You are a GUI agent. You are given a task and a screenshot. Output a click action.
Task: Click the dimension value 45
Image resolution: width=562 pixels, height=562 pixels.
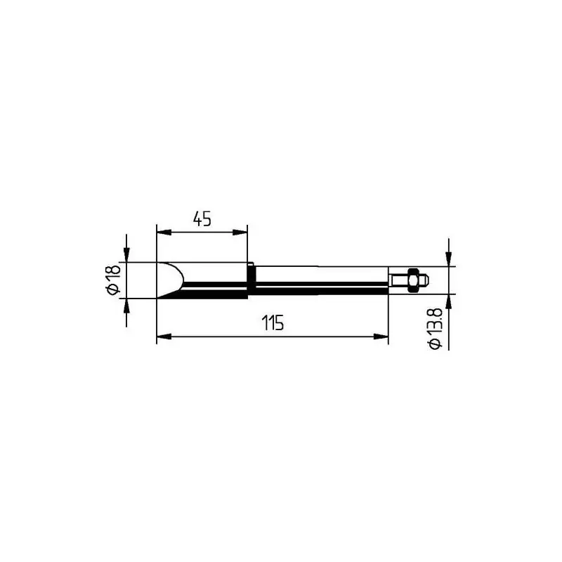pyautogui.click(x=202, y=218)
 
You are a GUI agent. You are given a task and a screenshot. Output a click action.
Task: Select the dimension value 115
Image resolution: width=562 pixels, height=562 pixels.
pyautogui.click(x=273, y=323)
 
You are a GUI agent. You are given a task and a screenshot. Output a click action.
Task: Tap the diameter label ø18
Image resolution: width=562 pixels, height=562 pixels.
pyautogui.click(x=114, y=280)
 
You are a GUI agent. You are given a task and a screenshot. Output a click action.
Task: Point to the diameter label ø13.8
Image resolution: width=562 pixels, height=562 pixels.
pyautogui.click(x=435, y=328)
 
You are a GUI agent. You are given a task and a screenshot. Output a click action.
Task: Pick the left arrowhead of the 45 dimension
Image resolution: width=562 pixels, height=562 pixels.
pyautogui.click(x=164, y=233)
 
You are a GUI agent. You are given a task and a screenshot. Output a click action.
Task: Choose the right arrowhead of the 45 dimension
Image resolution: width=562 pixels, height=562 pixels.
pyautogui.click(x=240, y=233)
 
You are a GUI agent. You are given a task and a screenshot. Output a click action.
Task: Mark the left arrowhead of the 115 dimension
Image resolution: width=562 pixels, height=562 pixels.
pyautogui.click(x=164, y=336)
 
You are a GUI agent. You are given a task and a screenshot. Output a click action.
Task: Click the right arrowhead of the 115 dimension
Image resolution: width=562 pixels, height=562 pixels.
pyautogui.click(x=381, y=336)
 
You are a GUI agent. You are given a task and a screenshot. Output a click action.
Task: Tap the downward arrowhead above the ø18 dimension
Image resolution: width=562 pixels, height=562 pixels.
pyautogui.click(x=126, y=255)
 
